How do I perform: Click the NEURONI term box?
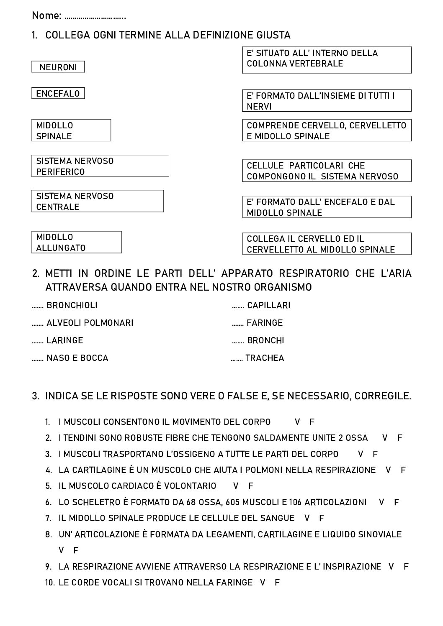click(x=58, y=67)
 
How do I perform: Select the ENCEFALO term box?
click(x=58, y=93)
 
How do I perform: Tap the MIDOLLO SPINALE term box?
click(x=71, y=130)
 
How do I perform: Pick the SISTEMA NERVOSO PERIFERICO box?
click(x=100, y=166)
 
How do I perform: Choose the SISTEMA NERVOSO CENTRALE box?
click(x=98, y=201)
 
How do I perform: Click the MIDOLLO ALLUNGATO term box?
click(x=77, y=242)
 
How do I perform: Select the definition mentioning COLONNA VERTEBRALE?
click(x=327, y=60)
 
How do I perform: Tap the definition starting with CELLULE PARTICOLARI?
click(x=327, y=171)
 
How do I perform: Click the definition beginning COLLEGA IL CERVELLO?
click(x=327, y=244)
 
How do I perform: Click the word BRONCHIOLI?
click(x=72, y=305)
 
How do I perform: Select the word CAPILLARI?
click(x=268, y=305)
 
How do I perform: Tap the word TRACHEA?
click(x=265, y=358)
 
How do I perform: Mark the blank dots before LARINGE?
click(x=38, y=341)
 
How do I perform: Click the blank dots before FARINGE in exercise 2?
click(x=238, y=324)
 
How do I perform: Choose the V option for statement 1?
click(x=297, y=422)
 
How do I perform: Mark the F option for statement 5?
click(x=251, y=486)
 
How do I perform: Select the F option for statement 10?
click(x=277, y=582)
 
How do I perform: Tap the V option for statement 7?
click(x=307, y=518)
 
